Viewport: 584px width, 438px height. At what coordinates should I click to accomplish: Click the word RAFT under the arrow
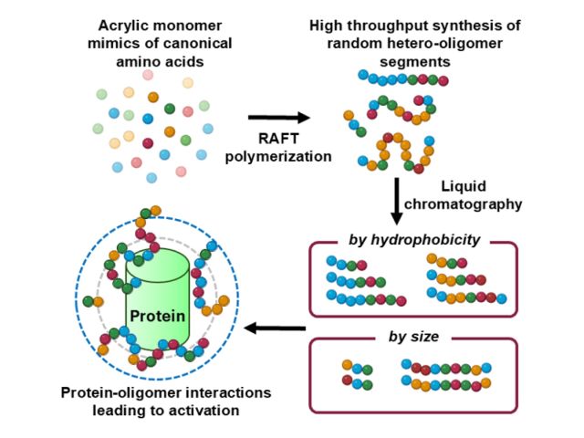[x=278, y=139]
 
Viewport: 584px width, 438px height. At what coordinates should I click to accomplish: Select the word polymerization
[x=278, y=157]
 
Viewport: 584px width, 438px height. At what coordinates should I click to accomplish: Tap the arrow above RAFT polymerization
[x=278, y=118]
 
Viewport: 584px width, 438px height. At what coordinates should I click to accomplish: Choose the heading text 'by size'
[x=415, y=336]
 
